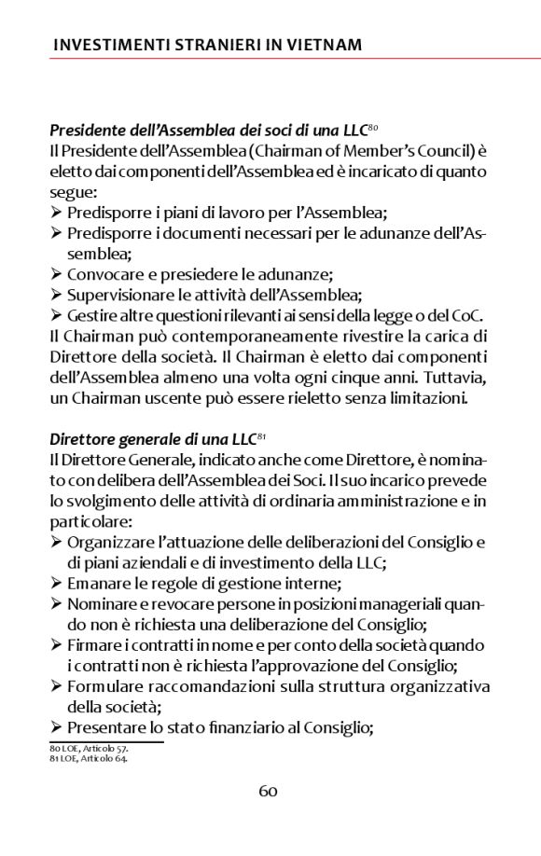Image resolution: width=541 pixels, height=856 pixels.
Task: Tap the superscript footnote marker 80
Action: [x=372, y=126]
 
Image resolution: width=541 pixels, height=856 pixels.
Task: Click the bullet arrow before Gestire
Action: [x=56, y=315]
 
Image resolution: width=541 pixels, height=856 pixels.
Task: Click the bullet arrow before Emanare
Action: [x=56, y=583]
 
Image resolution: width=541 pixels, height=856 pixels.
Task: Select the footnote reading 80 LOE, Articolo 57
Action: [x=89, y=749]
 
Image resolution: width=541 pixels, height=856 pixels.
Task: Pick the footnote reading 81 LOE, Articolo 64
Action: [x=89, y=757]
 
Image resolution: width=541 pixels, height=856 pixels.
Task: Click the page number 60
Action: [x=269, y=792]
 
